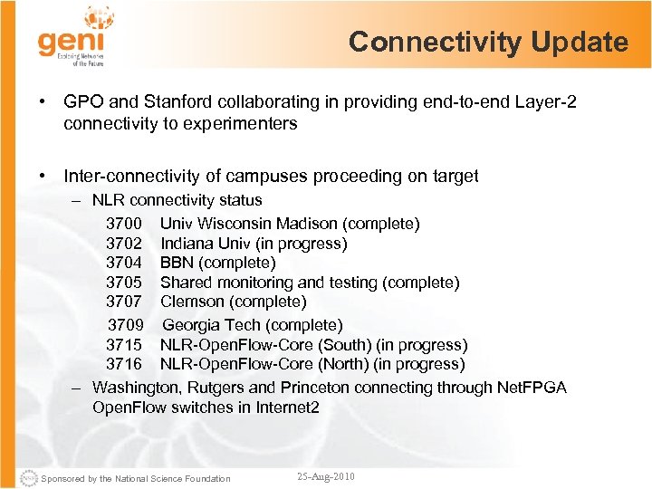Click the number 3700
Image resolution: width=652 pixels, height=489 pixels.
[124, 224]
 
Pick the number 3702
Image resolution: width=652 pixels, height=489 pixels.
[124, 244]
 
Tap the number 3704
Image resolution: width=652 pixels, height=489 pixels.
[124, 263]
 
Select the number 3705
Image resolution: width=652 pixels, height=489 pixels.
[124, 283]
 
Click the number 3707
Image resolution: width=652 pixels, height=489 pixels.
[124, 302]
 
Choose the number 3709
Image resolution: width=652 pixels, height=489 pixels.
[126, 325]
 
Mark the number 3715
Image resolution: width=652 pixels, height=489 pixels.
[124, 345]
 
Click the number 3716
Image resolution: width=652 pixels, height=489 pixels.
[124, 364]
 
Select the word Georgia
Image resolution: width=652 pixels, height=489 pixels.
[191, 325]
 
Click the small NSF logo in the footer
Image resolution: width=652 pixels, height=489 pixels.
[30, 477]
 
